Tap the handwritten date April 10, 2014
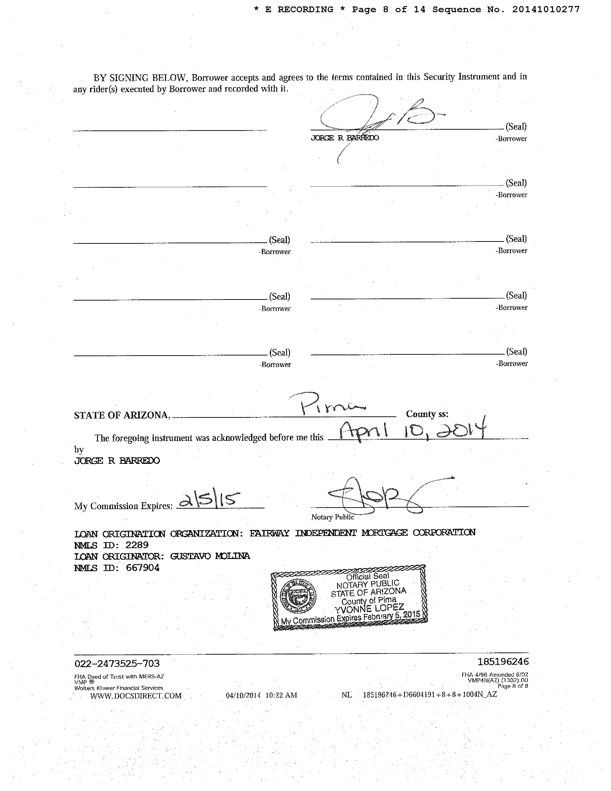click(x=413, y=431)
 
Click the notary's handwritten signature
click(x=376, y=495)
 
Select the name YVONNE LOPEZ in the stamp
click(x=369, y=609)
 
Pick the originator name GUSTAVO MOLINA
click(x=210, y=556)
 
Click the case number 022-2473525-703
click(x=117, y=663)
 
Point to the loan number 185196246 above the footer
click(x=503, y=662)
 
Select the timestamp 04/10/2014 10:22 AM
click(x=261, y=695)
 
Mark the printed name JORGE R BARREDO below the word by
click(x=117, y=461)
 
